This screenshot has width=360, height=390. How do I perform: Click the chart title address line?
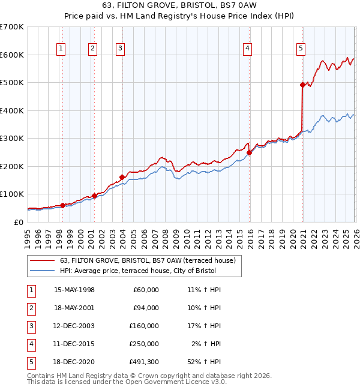tap(179, 5)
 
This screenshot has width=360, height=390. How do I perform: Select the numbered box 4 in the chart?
tap(248, 49)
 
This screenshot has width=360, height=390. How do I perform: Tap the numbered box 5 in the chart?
tap(301, 49)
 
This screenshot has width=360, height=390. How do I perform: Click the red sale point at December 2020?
tap(302, 85)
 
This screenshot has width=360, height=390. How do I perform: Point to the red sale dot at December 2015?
tap(250, 152)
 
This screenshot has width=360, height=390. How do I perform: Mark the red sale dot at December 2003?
tap(122, 177)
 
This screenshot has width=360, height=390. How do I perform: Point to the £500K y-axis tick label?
tap(11, 82)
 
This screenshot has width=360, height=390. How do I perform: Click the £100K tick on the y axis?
tap(11, 194)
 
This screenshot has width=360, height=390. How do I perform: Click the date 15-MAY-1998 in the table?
tap(74, 290)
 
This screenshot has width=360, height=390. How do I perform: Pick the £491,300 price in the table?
tap(143, 362)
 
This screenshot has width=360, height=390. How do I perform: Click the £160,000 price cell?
tap(143, 326)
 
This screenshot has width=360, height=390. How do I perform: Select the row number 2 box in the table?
tap(31, 308)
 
